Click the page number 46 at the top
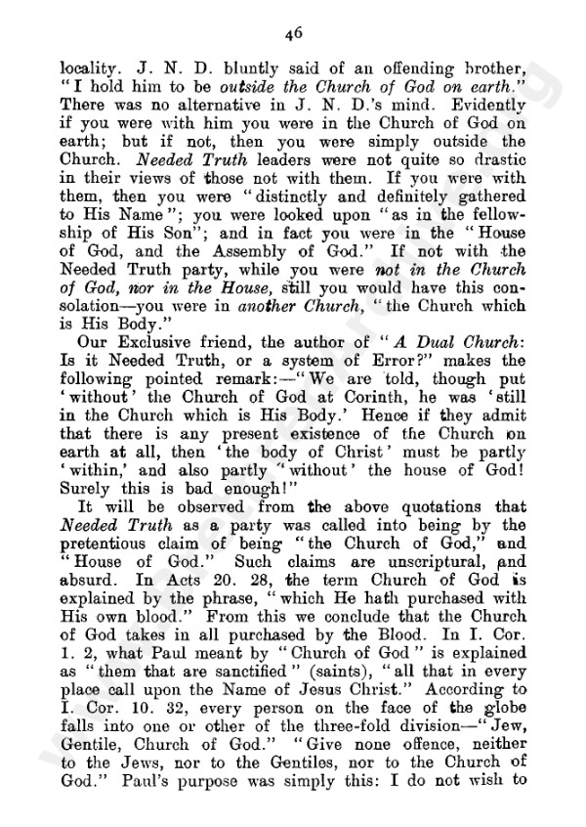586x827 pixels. point(292,31)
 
